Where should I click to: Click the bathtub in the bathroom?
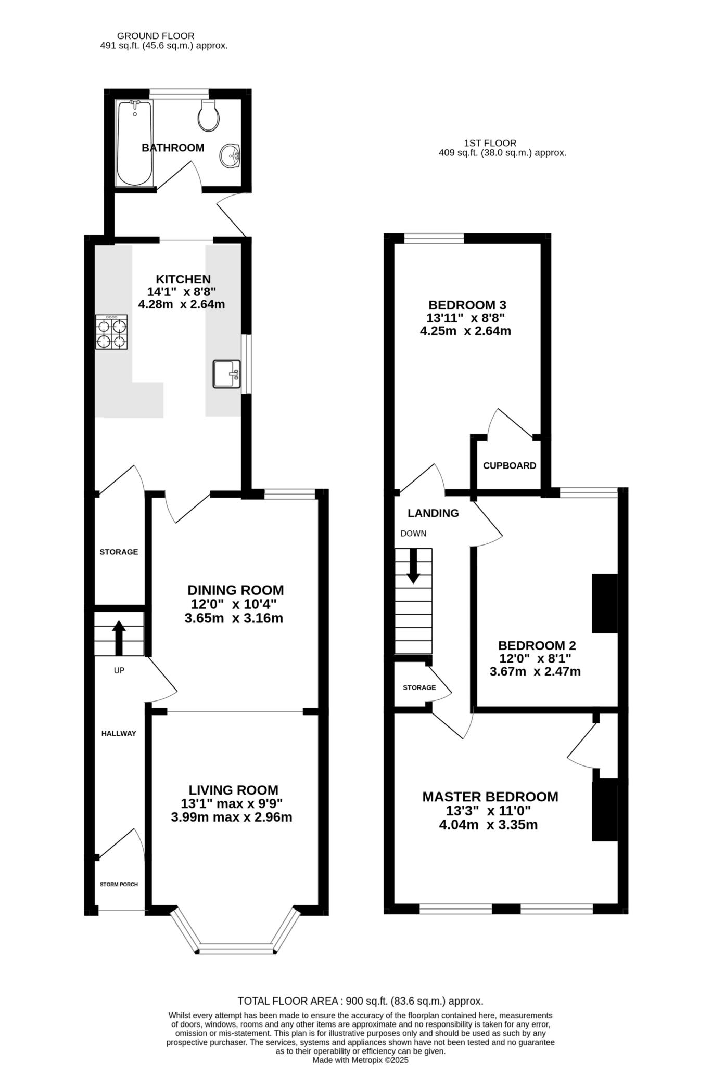point(135,144)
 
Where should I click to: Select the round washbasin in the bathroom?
point(230,155)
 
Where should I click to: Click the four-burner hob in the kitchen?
point(111,332)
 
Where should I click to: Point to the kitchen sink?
point(226,374)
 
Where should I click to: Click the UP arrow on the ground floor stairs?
point(119,638)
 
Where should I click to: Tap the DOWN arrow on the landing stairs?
point(413,566)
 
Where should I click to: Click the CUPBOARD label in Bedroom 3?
point(510,466)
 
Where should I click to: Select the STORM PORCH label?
point(119,884)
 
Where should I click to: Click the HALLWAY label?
point(119,733)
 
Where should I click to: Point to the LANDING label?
point(433,513)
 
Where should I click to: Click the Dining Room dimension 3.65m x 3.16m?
point(234,618)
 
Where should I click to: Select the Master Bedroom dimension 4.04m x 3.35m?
point(488,825)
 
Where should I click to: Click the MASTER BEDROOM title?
point(490,797)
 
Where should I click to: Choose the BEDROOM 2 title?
point(537,645)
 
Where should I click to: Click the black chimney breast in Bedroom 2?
point(605,603)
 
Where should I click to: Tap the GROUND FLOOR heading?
point(156,36)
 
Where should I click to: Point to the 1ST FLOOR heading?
point(490,143)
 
